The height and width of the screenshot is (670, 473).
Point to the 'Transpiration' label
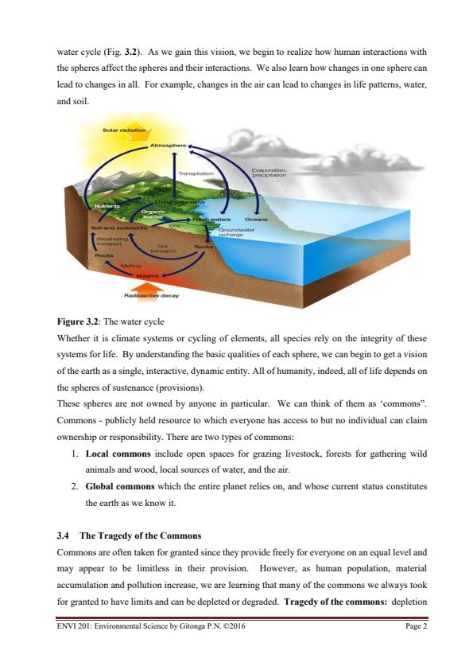[x=196, y=172]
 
